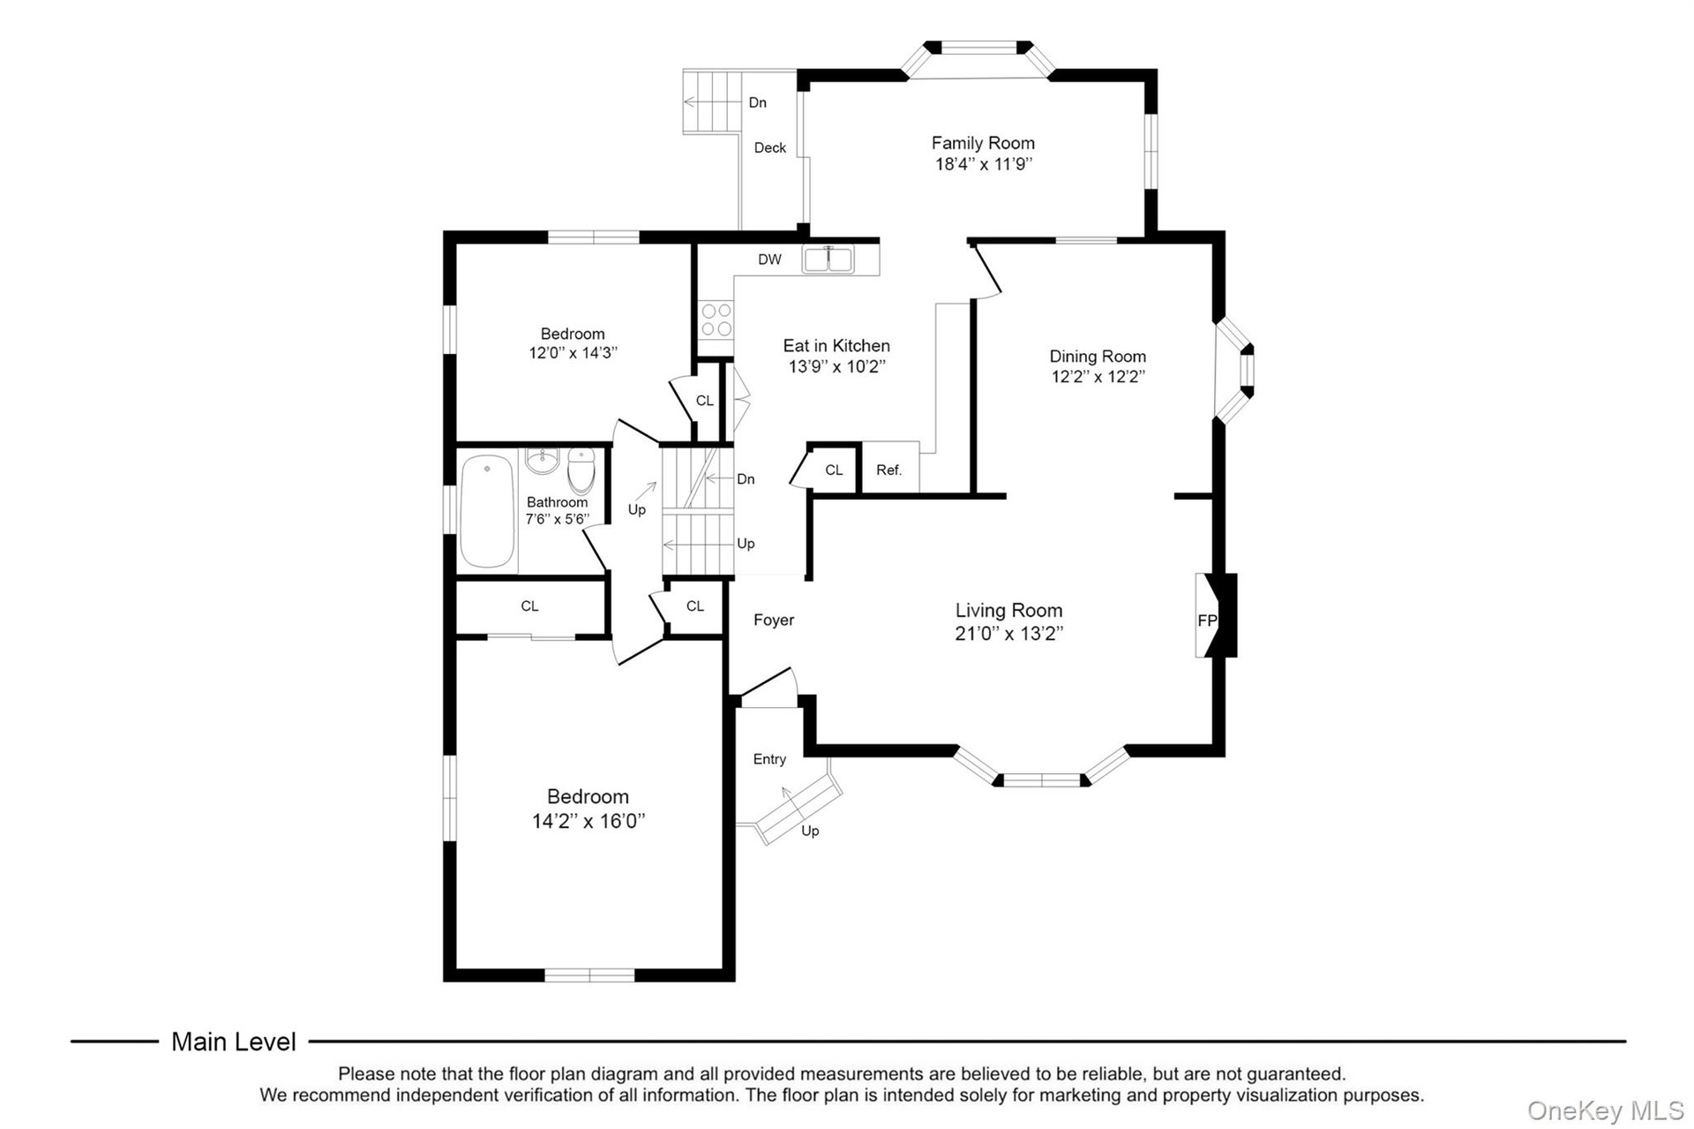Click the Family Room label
(x=983, y=143)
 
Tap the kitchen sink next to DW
(x=828, y=260)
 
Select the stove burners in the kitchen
(x=716, y=320)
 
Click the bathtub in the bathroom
(x=487, y=511)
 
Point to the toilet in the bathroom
(x=581, y=470)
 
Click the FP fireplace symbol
(x=1216, y=616)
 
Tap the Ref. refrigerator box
(x=889, y=470)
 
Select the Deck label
(x=770, y=148)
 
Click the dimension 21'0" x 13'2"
(x=1009, y=634)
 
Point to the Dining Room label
(x=1098, y=357)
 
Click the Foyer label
(x=774, y=621)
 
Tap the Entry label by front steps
(x=769, y=759)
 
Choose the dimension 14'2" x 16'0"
(x=588, y=822)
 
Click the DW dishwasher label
(x=769, y=260)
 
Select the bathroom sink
(x=541, y=461)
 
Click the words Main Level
(x=234, y=1042)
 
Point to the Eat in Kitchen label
(x=836, y=346)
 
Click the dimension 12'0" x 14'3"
(x=573, y=353)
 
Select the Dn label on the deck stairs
(x=757, y=102)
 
